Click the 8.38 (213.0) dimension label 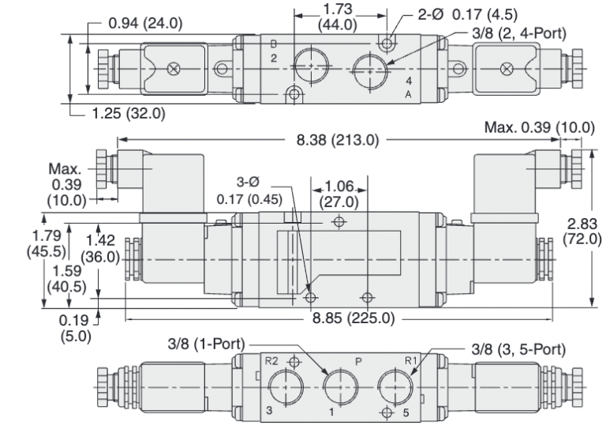(x=339, y=141)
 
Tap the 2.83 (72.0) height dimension (x=582, y=230)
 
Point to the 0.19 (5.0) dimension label (x=75, y=328)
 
